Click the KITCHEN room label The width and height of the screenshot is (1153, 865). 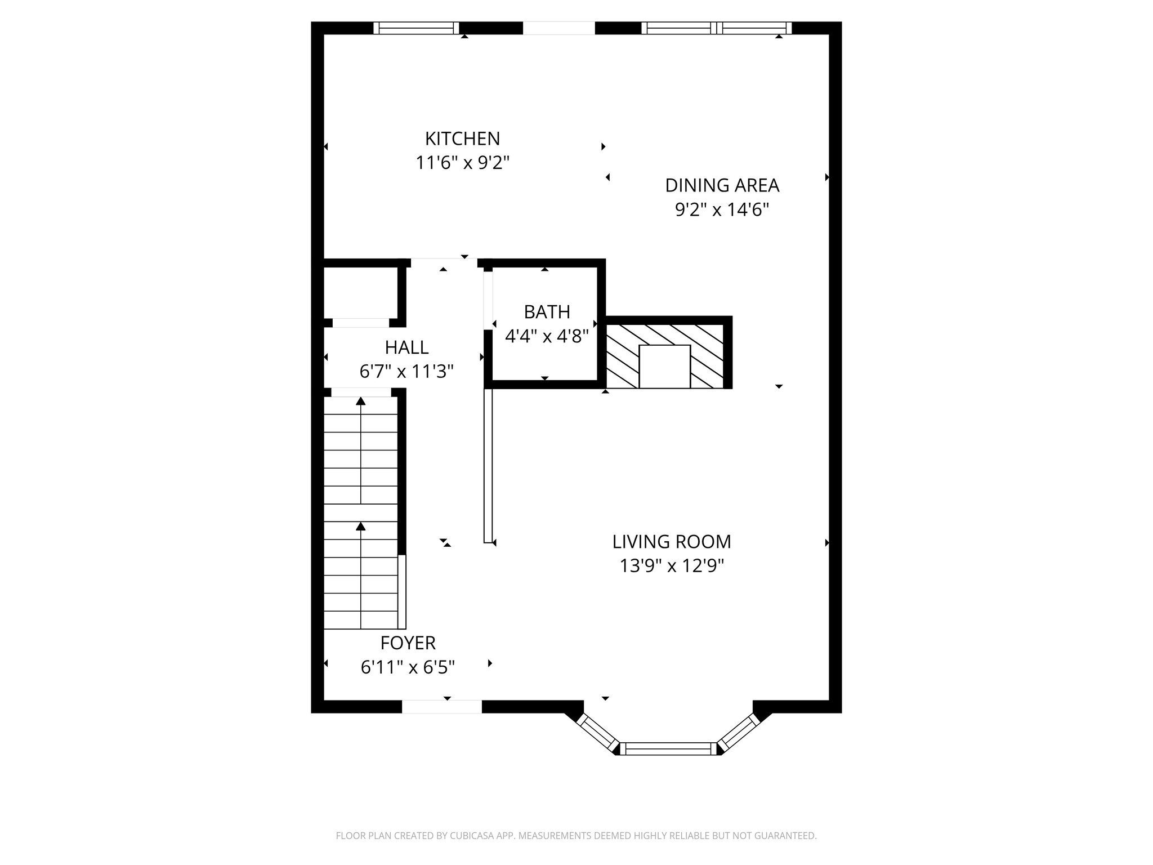[462, 139]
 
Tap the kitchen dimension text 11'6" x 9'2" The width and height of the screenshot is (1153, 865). [462, 163]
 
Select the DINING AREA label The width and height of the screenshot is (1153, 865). [722, 185]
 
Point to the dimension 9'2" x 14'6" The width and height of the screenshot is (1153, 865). [722, 210]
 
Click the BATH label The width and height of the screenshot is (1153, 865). [547, 312]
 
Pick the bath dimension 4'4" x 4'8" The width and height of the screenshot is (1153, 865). [547, 337]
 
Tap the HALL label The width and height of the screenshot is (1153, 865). [406, 347]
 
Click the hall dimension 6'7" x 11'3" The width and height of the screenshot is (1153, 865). [406, 372]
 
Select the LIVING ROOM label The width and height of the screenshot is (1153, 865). [672, 542]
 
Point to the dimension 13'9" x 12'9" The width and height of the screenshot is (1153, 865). [672, 565]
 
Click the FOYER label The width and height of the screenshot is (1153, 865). [408, 643]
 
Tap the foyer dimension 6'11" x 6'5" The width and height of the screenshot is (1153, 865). [408, 668]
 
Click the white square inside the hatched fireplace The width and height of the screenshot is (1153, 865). [664, 366]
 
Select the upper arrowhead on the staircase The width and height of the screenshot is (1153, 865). [361, 401]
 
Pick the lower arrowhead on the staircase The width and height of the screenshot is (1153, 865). [361, 526]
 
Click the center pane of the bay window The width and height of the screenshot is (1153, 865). [668, 748]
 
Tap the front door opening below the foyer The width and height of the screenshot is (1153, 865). [442, 707]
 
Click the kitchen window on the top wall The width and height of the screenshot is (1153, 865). [417, 28]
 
